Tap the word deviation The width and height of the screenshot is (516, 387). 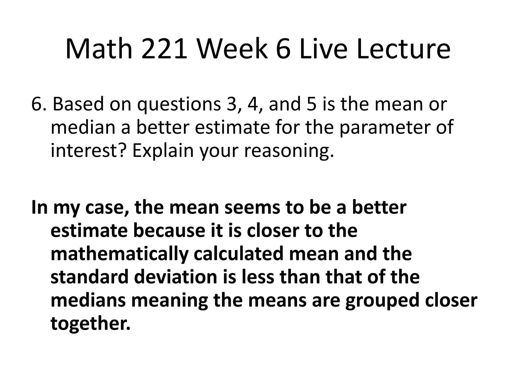[x=176, y=277]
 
